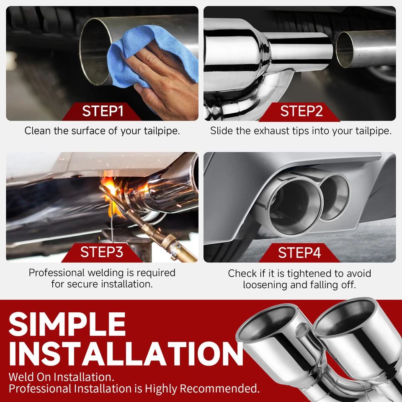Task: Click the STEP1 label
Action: pos(103,111)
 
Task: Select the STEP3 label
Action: pos(102,253)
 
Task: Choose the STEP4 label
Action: pos(299,253)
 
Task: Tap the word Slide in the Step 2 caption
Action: pos(221,131)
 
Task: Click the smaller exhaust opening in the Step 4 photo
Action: pos(333,197)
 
